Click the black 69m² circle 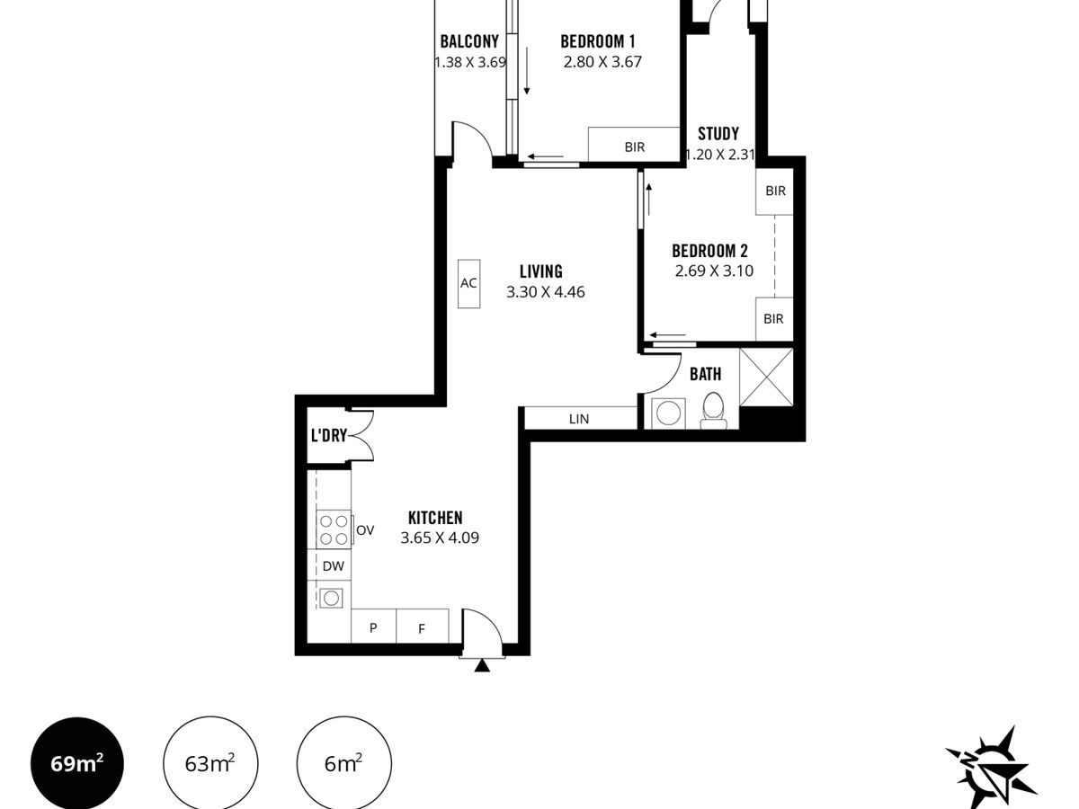coord(77,764)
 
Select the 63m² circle coord(210,764)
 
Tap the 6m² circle coord(344,764)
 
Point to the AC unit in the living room coord(469,284)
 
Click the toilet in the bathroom coord(714,412)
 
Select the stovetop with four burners coord(334,529)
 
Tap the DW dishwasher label coord(334,566)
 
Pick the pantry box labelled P coord(373,626)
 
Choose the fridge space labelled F coord(423,626)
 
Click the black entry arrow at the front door coord(482,665)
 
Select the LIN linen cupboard coord(580,418)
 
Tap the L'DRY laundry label coord(329,435)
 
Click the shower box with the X coord(766,378)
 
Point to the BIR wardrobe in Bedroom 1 coord(634,145)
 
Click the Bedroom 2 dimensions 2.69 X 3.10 coord(714,271)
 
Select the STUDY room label coord(718,134)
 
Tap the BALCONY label coord(469,41)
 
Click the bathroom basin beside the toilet coord(668,413)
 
